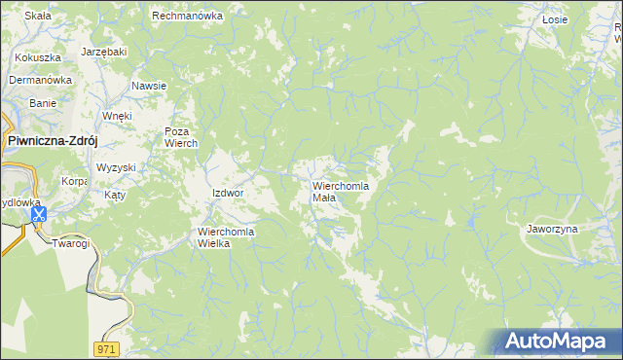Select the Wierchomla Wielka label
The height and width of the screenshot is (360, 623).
[226, 237]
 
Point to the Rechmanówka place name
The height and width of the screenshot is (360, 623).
[188, 17]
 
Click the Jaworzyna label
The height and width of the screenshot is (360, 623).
[552, 229]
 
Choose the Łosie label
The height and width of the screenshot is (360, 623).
[555, 18]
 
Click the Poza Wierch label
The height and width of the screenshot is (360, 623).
[181, 137]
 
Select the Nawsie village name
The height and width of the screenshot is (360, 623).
[149, 86]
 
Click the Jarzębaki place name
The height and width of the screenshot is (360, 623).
[104, 51]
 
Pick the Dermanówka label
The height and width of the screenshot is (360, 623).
[42, 80]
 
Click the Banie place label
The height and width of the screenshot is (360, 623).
[43, 102]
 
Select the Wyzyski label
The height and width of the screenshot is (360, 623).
[116, 167]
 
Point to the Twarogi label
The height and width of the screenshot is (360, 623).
[71, 243]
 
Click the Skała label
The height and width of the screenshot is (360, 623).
[38, 17]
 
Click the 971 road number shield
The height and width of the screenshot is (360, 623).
[108, 347]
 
